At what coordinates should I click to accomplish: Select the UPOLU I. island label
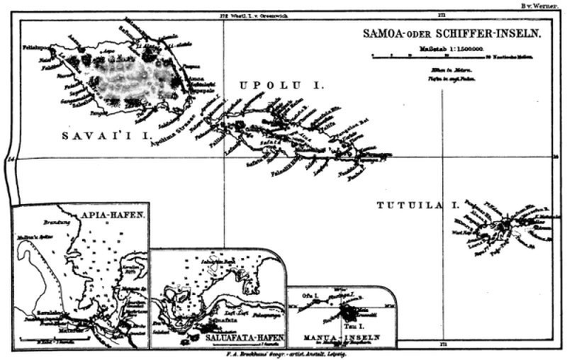[281, 85]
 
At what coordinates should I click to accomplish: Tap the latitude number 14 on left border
[9, 159]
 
